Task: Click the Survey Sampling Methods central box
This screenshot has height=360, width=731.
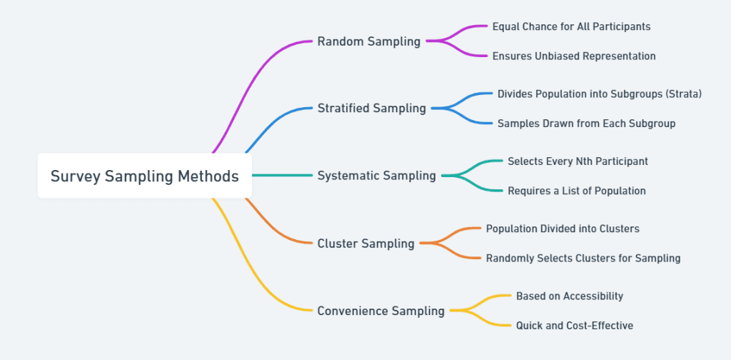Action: click(144, 176)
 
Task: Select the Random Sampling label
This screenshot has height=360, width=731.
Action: click(368, 41)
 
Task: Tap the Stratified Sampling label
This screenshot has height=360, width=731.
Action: click(371, 109)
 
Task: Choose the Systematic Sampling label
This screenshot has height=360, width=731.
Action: click(376, 176)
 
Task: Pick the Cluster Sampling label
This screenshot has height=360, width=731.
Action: click(365, 244)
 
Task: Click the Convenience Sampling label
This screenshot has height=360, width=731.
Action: click(380, 311)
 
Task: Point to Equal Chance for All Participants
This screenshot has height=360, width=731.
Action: click(571, 26)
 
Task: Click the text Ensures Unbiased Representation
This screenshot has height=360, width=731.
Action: click(574, 56)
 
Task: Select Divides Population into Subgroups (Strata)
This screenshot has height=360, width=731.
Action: click(600, 94)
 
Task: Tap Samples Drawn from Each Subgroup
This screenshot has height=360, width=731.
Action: click(586, 124)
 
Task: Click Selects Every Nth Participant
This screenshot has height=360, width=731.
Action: click(578, 161)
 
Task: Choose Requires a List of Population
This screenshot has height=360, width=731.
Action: click(576, 191)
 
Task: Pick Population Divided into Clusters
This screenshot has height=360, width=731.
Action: click(563, 229)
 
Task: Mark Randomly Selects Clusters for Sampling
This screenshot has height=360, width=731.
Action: click(583, 258)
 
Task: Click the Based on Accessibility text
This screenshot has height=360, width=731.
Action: click(570, 296)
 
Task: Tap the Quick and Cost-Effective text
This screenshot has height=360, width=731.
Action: click(574, 326)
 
